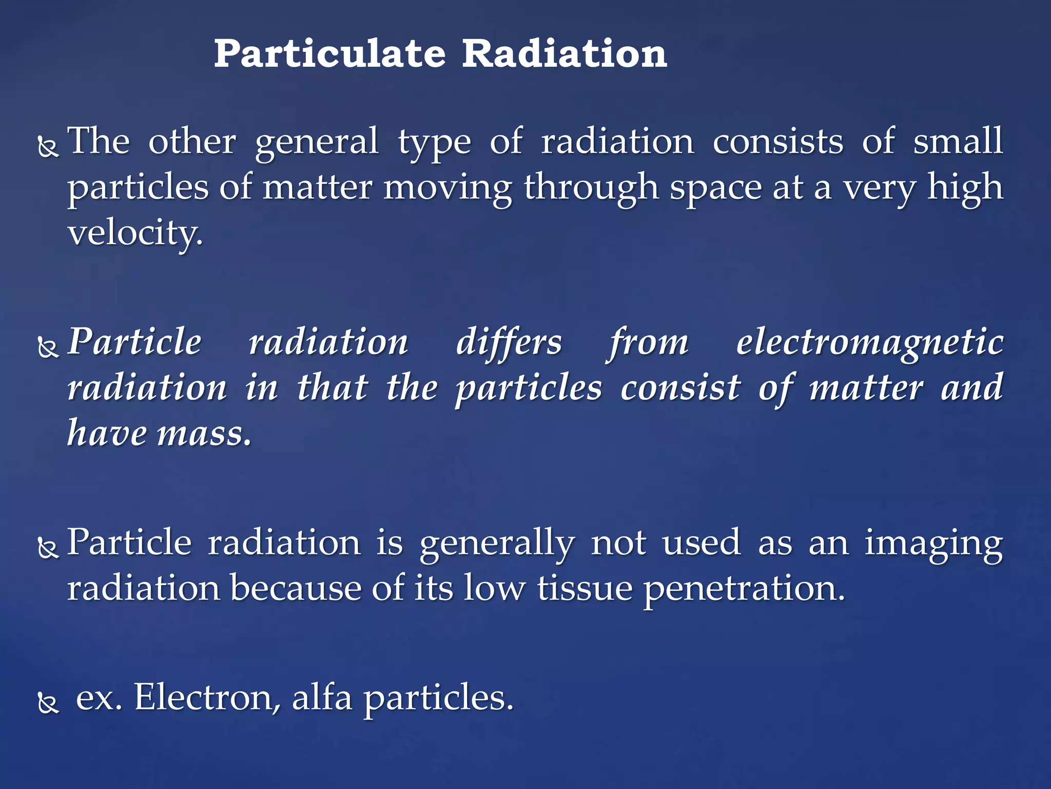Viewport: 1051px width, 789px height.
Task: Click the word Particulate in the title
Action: pos(329,54)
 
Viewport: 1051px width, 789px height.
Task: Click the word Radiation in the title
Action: pos(564,54)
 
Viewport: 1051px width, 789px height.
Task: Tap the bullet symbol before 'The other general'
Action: pos(48,147)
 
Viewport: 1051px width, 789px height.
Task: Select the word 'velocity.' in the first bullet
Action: pos(135,234)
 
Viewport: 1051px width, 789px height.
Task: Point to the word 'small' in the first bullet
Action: pos(958,141)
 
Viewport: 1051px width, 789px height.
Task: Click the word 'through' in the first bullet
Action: pos(591,188)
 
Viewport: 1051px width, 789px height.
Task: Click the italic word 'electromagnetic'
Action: pos(869,343)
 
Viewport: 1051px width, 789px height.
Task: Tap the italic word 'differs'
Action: pos(509,343)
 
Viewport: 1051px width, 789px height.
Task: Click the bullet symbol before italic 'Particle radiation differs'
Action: pos(48,348)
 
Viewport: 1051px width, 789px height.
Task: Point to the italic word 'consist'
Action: pos(680,388)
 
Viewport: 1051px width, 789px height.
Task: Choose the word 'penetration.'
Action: pos(744,589)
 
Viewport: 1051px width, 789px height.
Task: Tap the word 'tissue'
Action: pos(585,588)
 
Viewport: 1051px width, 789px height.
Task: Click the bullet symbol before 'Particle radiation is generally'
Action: pos(48,549)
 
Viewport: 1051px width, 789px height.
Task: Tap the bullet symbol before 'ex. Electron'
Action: pos(48,703)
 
